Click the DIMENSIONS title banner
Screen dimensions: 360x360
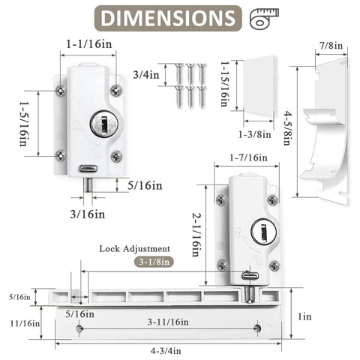pyautogui.click(x=163, y=18)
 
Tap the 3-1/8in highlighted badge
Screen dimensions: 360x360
pyautogui.click(x=153, y=262)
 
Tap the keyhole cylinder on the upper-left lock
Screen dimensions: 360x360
pyautogui.click(x=99, y=125)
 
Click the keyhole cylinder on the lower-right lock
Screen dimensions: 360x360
pyautogui.click(x=259, y=229)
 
